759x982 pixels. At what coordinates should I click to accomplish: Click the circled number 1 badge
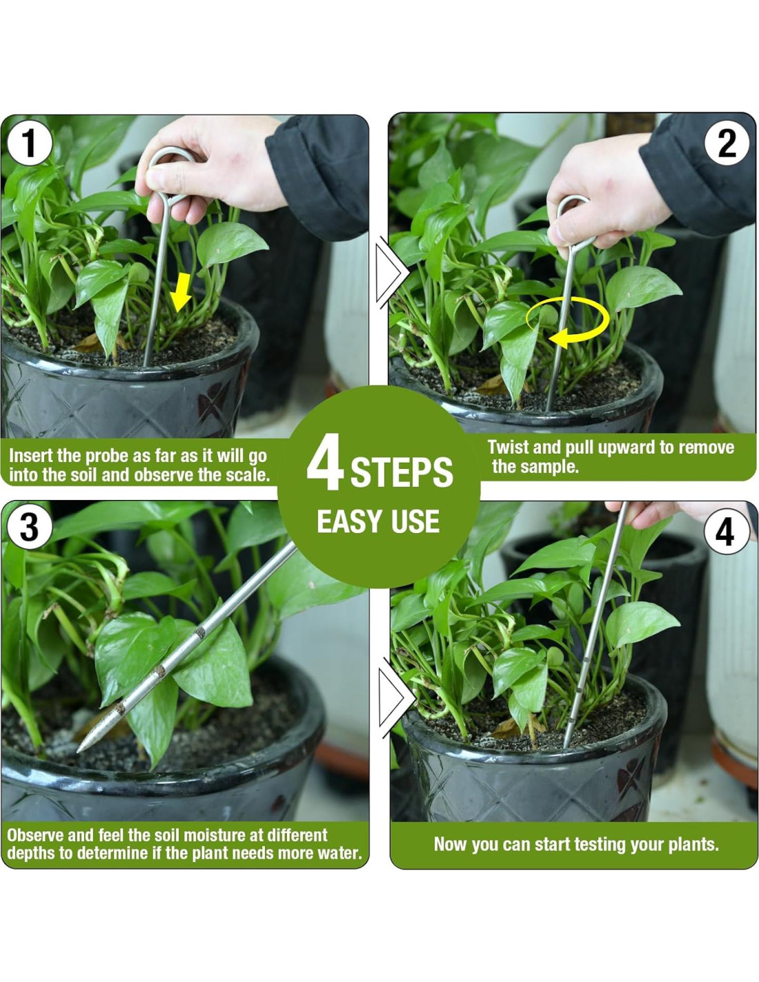pos(29,143)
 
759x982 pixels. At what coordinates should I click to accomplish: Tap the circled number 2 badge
pos(727,144)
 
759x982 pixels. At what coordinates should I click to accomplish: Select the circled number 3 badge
pos(29,527)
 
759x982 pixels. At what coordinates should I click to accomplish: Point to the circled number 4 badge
pos(727,532)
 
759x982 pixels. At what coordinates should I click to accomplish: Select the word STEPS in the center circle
pos(402,472)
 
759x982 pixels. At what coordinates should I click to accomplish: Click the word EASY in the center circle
pos(347,521)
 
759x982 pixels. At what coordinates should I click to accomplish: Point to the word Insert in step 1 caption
pos(30,456)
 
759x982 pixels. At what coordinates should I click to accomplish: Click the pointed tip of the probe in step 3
pos(79,751)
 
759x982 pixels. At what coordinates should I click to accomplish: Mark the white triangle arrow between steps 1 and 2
pos(391,273)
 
